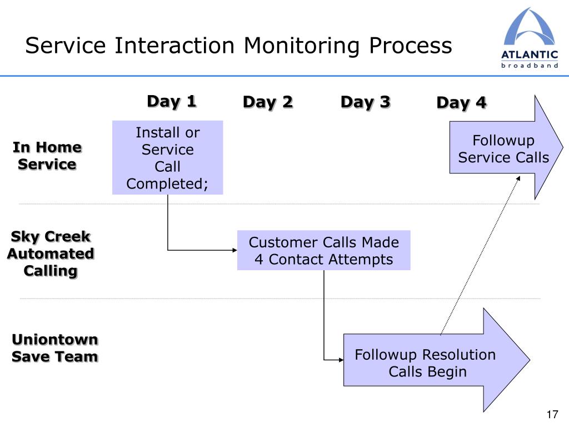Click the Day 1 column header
(172, 101)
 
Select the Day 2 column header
(268, 102)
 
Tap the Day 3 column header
(366, 102)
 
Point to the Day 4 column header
(462, 103)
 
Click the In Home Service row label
(47, 156)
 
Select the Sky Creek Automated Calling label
(51, 254)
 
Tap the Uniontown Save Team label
(55, 348)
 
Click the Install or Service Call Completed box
(168, 157)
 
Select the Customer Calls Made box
(324, 250)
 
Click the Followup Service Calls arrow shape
(506, 147)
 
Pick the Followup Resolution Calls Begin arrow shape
(437, 360)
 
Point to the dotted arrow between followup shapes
(481, 255)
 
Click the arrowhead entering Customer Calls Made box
(234, 250)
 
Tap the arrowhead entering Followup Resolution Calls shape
(341, 360)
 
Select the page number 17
(552, 414)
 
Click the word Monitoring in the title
(302, 47)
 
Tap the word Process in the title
(411, 46)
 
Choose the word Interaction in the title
(174, 46)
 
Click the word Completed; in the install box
(167, 184)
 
